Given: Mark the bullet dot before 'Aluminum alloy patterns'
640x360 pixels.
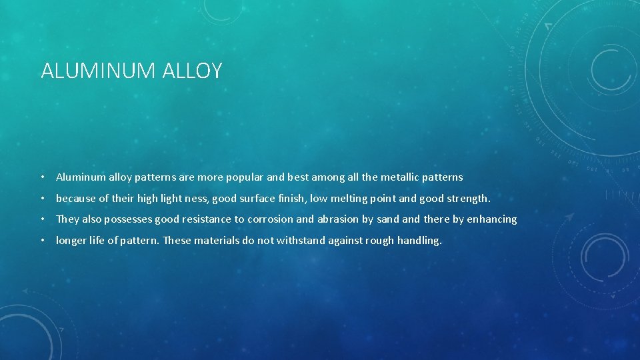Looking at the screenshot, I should (x=42, y=177).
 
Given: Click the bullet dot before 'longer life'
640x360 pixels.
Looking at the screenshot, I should (x=42, y=241).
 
